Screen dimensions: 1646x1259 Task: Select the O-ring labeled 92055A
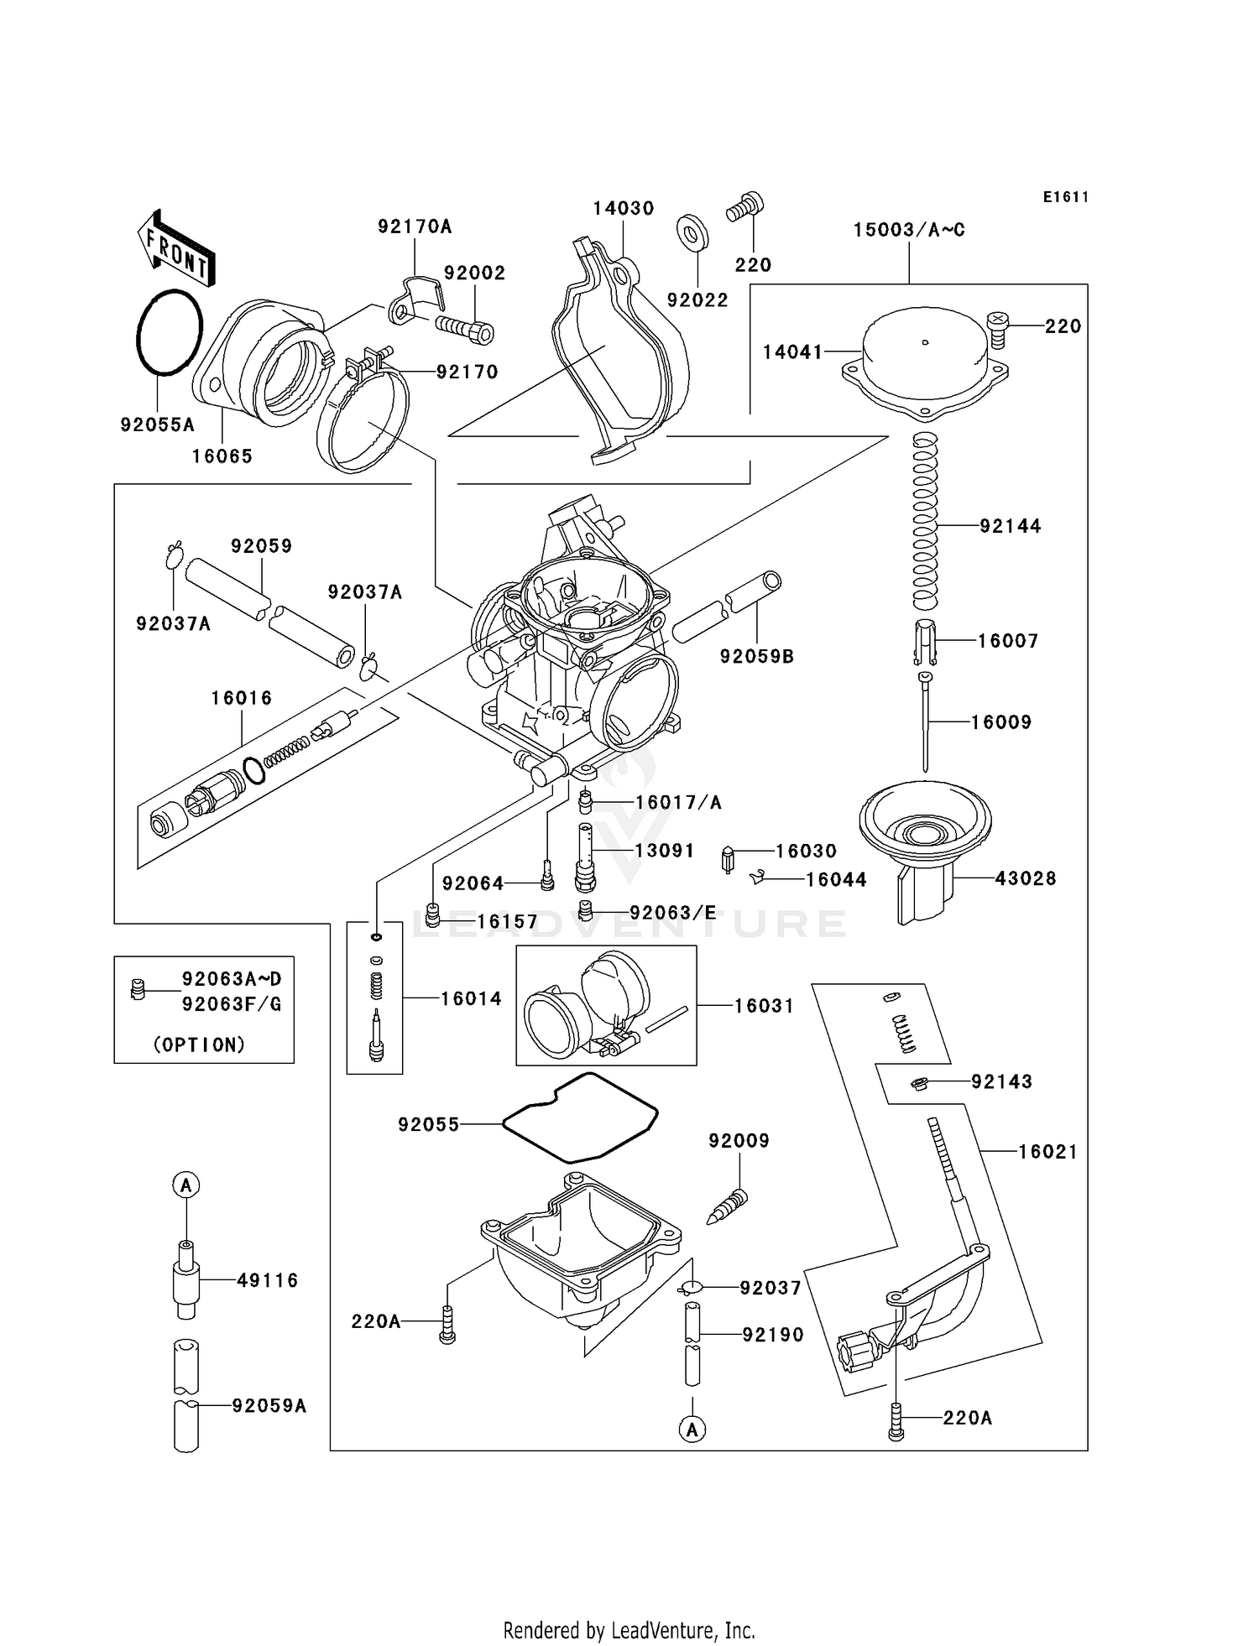[170, 332]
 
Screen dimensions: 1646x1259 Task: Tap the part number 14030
[623, 208]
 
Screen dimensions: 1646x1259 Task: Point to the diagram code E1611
[1066, 197]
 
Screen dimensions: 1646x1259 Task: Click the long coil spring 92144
[925, 520]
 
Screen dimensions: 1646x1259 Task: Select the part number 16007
[1008, 641]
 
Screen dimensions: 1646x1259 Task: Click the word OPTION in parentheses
[199, 1044]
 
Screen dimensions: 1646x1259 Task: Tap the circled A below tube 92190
[692, 1430]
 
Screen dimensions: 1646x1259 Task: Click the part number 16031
[764, 1006]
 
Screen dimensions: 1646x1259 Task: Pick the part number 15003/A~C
[909, 230]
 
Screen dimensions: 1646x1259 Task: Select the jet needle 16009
[925, 721]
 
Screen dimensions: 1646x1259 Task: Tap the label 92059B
[756, 657]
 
